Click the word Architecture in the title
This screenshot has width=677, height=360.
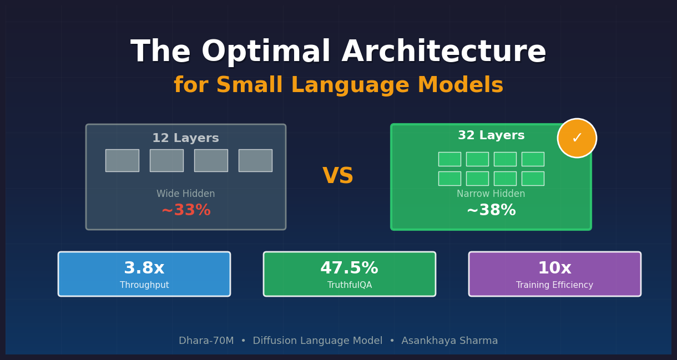pyautogui.click(x=443, y=53)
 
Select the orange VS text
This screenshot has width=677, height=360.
pyautogui.click(x=338, y=176)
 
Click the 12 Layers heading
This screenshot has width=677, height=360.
pyautogui.click(x=185, y=139)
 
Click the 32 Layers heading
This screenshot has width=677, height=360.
pyautogui.click(x=491, y=136)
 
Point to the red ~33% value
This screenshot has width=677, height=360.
pyautogui.click(x=186, y=211)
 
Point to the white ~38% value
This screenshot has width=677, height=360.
pyautogui.click(x=491, y=211)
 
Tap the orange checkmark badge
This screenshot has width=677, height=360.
pyautogui.click(x=577, y=138)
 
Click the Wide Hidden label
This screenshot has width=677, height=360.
pyautogui.click(x=185, y=194)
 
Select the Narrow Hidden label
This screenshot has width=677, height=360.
pyautogui.click(x=491, y=194)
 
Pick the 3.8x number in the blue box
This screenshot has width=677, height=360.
pyautogui.click(x=144, y=268)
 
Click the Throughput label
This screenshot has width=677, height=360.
pyautogui.click(x=144, y=285)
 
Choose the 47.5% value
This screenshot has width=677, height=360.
pyautogui.click(x=349, y=268)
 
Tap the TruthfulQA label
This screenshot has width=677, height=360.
pyautogui.click(x=350, y=285)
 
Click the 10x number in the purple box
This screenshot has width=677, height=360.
pyautogui.click(x=554, y=268)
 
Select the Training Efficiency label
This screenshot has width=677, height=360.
pyautogui.click(x=554, y=285)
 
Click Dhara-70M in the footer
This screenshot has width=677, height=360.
pyautogui.click(x=206, y=341)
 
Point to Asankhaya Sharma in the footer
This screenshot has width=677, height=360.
pyautogui.click(x=449, y=341)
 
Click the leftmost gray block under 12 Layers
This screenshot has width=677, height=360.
pyautogui.click(x=122, y=160)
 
